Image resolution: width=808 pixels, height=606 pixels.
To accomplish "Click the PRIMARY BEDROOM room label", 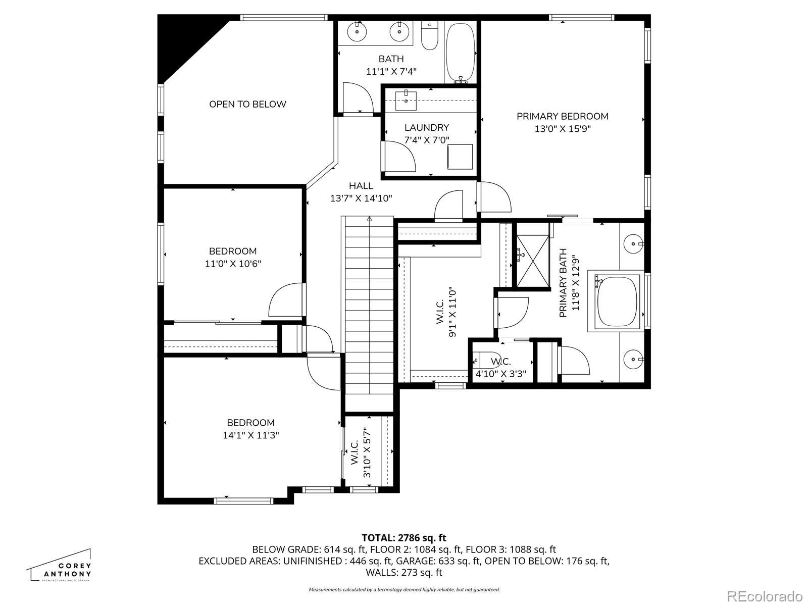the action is point(562,116).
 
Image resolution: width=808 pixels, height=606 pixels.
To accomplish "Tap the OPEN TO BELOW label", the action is point(247,104).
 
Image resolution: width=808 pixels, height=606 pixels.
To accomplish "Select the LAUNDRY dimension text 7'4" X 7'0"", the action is point(427,140).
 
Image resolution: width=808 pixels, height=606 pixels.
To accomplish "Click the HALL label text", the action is point(361,186).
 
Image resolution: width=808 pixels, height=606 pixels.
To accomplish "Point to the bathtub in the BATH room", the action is point(461,53).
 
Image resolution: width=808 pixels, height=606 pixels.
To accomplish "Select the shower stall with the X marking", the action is point(533,261).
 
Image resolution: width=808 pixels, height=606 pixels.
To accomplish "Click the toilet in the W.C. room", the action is point(487,360).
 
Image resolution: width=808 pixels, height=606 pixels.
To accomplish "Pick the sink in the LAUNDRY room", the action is point(406,100).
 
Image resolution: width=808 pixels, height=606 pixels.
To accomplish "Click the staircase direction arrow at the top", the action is point(369,219).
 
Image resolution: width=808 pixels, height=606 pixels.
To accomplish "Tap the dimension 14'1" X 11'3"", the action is point(250,435).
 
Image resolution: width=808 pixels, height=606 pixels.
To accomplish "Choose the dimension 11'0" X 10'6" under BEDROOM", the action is point(233,264).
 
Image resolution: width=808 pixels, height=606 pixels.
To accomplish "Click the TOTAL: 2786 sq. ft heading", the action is point(404,538).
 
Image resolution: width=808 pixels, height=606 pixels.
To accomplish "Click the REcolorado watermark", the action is point(765,595).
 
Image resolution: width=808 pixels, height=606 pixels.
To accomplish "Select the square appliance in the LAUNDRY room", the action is point(460,157).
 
